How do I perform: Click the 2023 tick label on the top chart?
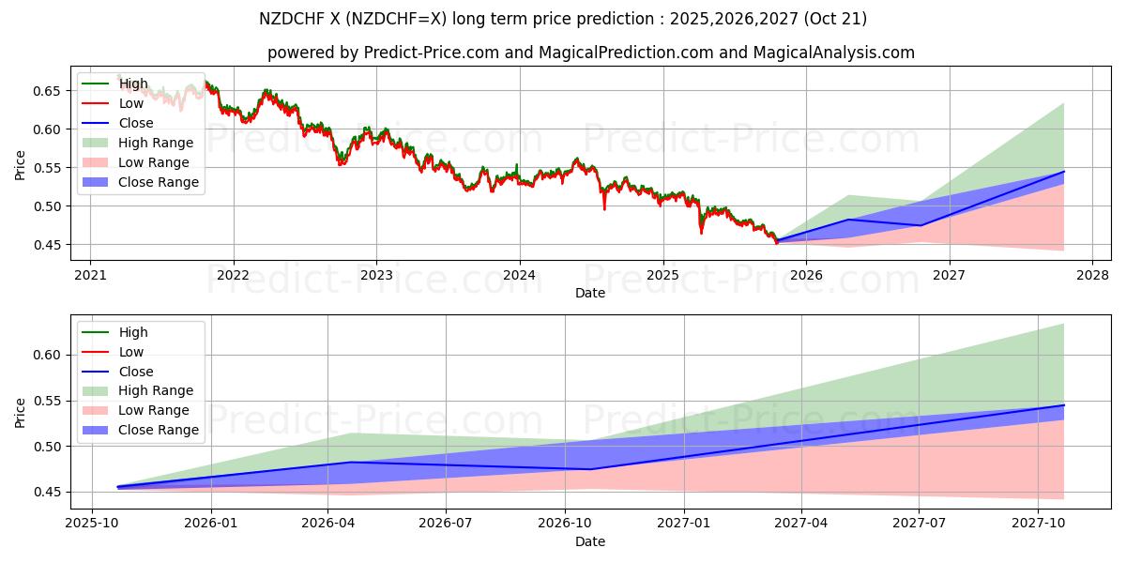point(376,275)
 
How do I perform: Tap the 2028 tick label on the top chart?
point(1092,275)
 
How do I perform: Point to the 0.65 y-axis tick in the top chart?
point(48,91)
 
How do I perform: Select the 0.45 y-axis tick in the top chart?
point(48,245)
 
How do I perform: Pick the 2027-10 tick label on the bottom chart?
point(1038,524)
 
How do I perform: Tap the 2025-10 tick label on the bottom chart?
point(93,524)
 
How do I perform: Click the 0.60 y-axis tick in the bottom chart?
point(48,355)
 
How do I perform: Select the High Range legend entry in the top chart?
point(156,143)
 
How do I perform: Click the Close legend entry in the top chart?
point(136,123)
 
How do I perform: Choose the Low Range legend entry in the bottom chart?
point(154,410)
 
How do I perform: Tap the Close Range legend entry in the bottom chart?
point(159,430)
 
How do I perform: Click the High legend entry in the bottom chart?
point(133,332)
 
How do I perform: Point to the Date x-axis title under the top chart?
point(590,293)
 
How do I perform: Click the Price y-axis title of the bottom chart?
point(21,413)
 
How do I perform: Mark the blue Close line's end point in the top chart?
point(1064,172)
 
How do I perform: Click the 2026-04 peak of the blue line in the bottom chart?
point(350,462)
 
